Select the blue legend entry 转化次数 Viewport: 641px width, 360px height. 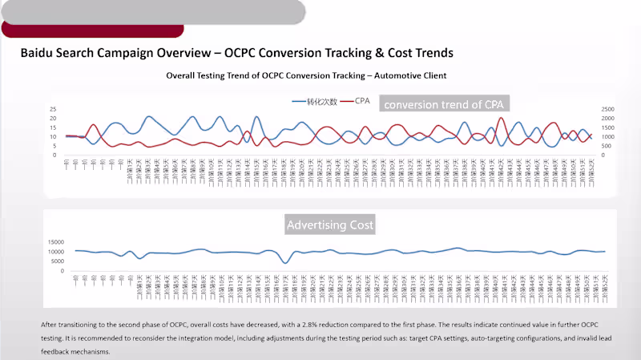point(314,102)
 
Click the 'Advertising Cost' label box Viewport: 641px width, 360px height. point(330,224)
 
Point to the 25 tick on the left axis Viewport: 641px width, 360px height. point(52,109)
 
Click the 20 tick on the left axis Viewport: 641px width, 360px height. point(52,118)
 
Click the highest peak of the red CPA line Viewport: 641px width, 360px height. point(502,118)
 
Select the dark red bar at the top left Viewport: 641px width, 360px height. point(92,30)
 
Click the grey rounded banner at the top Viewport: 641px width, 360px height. point(152,11)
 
